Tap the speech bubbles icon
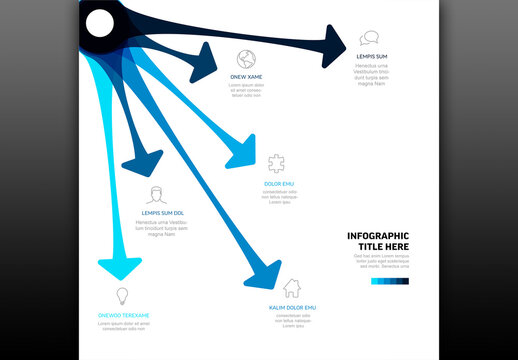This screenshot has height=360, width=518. [x=370, y=39]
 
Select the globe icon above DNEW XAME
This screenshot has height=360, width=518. [x=247, y=58]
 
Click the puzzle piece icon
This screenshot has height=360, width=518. [x=276, y=163]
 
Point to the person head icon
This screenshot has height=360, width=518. [x=154, y=194]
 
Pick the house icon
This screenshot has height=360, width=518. [x=292, y=288]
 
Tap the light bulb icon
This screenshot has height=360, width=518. [x=123, y=296]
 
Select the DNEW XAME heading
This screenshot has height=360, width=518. [x=246, y=77]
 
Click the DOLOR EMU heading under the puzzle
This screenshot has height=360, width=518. [x=279, y=183]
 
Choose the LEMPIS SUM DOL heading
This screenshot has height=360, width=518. [x=162, y=213]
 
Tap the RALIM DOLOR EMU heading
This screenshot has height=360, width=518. [x=292, y=307]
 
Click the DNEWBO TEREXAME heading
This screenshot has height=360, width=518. [x=123, y=315]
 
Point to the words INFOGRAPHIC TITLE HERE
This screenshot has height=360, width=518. [x=378, y=241]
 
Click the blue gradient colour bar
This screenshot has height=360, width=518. [x=389, y=281]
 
